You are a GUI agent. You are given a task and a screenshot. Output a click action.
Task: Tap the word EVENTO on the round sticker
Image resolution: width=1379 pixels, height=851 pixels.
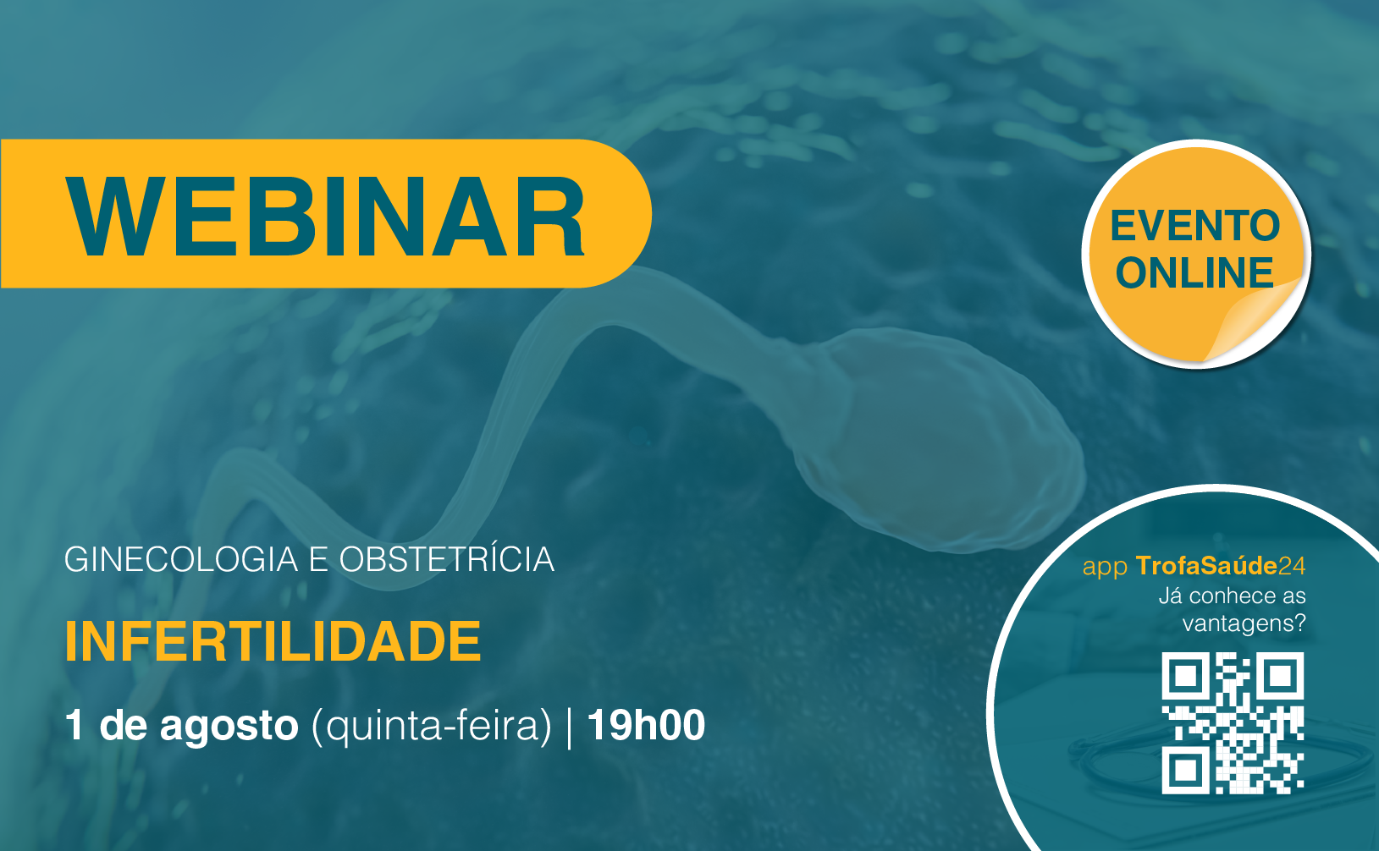pyautogui.click(x=1195, y=226)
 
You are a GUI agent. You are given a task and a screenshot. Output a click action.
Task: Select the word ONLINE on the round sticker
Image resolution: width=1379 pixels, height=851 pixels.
pyautogui.click(x=1195, y=272)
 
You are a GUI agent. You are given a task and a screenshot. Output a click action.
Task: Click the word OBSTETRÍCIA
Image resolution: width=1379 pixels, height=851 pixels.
pyautogui.click(x=447, y=559)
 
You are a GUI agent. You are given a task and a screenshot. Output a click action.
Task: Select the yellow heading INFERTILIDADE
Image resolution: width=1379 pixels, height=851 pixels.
pyautogui.click(x=273, y=642)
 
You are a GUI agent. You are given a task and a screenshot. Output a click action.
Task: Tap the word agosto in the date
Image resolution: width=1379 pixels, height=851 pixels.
pyautogui.click(x=229, y=727)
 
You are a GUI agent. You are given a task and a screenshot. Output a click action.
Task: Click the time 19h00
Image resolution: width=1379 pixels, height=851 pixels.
pyautogui.click(x=647, y=725)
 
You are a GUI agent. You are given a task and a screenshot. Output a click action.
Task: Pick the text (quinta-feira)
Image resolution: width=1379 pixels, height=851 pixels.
pyautogui.click(x=432, y=726)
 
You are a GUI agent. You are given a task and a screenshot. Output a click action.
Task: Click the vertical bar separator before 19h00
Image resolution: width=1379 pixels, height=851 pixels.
pyautogui.click(x=570, y=727)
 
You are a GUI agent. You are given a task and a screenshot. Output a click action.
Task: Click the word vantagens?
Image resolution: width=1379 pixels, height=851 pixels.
pyautogui.click(x=1244, y=624)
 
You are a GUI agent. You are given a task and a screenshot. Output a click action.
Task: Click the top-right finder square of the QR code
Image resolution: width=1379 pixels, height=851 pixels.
pyautogui.click(x=1281, y=676)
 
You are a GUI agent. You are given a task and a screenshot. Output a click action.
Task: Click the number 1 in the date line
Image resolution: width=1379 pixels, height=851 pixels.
pyautogui.click(x=74, y=725)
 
